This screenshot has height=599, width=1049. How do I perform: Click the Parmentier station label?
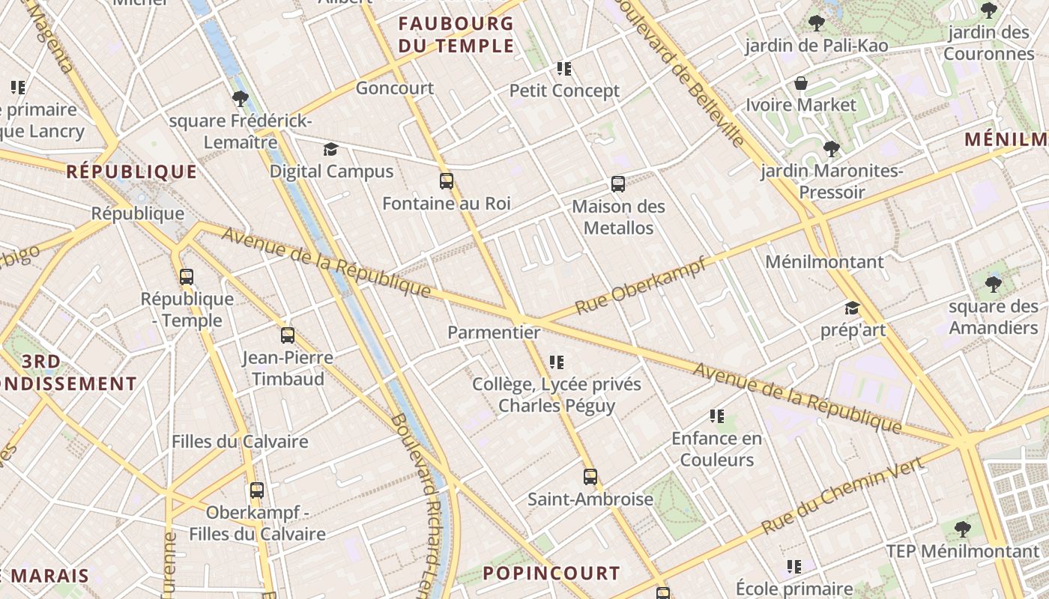494,332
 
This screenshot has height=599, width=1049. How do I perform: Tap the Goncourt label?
395,88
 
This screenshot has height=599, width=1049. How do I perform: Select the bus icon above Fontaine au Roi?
447,181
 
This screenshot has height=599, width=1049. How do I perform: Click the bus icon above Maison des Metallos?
618,184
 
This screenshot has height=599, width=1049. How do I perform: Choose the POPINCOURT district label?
551,574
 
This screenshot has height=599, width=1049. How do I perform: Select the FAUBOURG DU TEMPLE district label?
456,34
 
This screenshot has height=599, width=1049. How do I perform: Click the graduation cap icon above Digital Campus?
331,149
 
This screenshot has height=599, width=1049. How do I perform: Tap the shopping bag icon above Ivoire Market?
801,82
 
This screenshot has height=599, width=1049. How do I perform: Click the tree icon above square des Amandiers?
994,285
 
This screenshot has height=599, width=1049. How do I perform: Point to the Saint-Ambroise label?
590,499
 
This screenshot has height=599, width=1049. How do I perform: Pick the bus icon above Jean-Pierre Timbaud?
288,335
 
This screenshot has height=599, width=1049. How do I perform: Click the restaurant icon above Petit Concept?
564,69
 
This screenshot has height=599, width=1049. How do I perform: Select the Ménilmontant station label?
824,262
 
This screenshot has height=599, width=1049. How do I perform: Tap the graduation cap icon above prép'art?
852,308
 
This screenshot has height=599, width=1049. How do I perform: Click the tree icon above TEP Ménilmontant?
963,529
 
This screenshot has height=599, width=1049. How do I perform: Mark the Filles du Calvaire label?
240,441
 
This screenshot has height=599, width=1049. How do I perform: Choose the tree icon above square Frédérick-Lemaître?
240,98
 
